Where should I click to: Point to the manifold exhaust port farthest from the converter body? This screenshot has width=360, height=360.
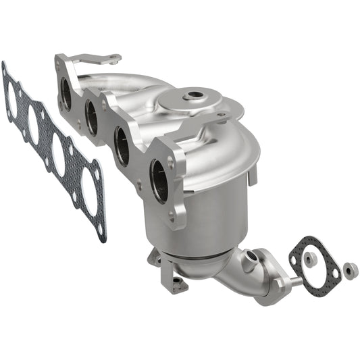tap(66, 94)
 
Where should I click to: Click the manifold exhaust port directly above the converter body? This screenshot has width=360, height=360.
tap(159, 181)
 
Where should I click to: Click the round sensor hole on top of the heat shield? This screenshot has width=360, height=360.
tap(197, 96)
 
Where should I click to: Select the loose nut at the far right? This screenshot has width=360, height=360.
tap(349, 269)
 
